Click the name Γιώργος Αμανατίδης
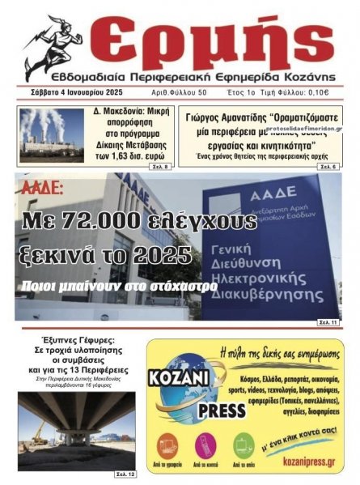click(x=222, y=117)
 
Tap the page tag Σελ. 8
click(x=161, y=166)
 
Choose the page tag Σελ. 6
click(x=328, y=166)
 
